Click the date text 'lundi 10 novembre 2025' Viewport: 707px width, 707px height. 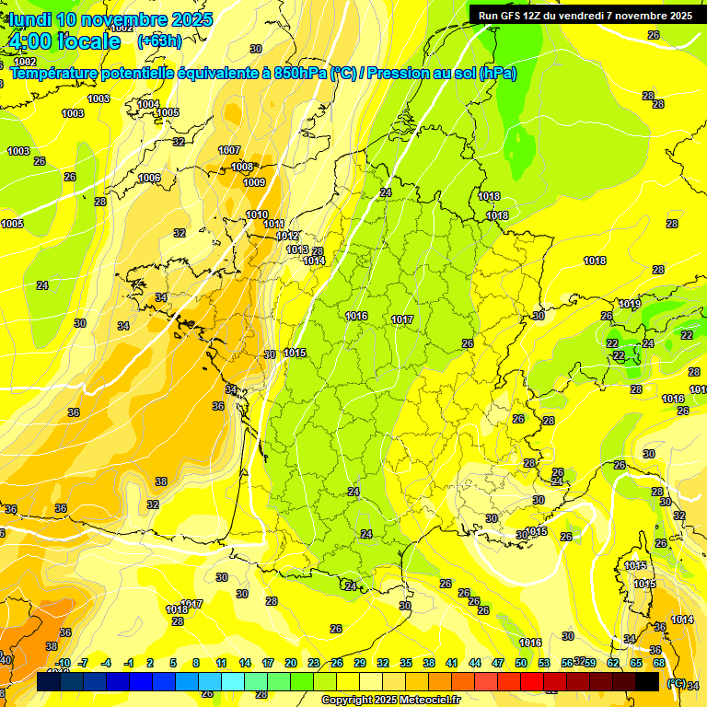110,19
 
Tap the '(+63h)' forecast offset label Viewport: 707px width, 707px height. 159,41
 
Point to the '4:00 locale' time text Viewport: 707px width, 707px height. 64,41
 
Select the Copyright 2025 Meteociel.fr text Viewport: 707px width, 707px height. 392,700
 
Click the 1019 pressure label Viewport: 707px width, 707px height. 629,304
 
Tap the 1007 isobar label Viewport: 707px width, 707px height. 229,150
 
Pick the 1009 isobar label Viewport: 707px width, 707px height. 254,182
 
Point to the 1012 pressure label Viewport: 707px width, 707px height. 287,236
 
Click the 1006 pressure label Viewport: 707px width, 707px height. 149,178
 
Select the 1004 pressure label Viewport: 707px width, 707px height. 148,104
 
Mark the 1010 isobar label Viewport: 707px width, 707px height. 258,214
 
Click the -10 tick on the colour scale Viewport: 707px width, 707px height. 63,663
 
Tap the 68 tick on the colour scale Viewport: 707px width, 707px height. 659,663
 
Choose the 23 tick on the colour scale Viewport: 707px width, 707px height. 314,663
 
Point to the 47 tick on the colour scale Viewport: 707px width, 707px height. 498,663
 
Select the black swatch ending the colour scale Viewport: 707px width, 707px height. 647,682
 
